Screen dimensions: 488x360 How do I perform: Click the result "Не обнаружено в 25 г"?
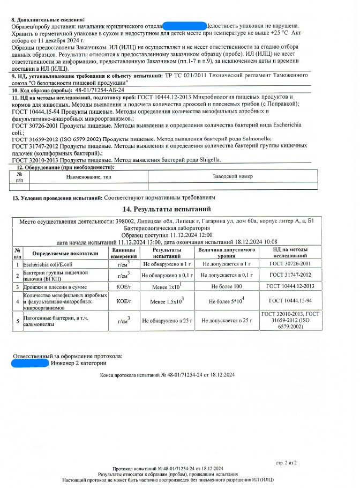pos(167,320)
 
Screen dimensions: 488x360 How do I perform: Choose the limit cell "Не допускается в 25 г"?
pos(226,320)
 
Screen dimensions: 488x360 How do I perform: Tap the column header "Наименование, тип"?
pos(88,176)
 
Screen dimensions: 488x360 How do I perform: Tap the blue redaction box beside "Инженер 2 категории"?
pos(30,364)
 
